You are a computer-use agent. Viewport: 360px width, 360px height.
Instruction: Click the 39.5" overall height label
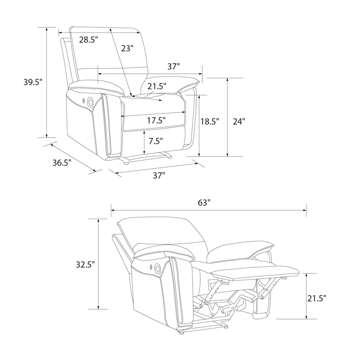[x=33, y=82]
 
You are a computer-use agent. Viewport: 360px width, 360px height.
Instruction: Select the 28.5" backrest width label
[x=89, y=40]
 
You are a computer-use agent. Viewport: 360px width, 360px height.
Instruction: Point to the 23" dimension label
[x=127, y=48]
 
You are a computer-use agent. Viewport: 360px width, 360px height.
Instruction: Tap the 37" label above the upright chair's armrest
[x=173, y=67]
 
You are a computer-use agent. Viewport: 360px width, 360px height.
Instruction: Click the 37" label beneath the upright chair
[x=159, y=175]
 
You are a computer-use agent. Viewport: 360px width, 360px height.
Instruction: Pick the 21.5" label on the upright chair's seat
[x=157, y=86]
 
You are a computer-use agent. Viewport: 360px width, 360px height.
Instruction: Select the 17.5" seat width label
[x=156, y=120]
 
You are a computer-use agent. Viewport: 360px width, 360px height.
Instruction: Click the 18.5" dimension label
[x=210, y=121]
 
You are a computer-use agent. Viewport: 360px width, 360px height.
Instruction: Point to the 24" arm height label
[x=239, y=121]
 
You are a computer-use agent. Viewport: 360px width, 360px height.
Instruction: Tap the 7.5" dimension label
[x=156, y=141]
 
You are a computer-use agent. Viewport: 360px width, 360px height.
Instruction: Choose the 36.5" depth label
[x=62, y=162]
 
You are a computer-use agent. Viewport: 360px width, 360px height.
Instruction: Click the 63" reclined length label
[x=204, y=203]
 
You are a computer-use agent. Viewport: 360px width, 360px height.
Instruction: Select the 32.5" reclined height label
[x=85, y=265]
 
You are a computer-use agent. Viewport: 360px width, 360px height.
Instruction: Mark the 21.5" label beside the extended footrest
[x=317, y=298]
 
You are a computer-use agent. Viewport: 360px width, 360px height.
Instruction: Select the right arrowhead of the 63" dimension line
[x=305, y=210]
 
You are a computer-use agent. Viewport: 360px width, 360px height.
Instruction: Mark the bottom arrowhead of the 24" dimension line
[x=228, y=154]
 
